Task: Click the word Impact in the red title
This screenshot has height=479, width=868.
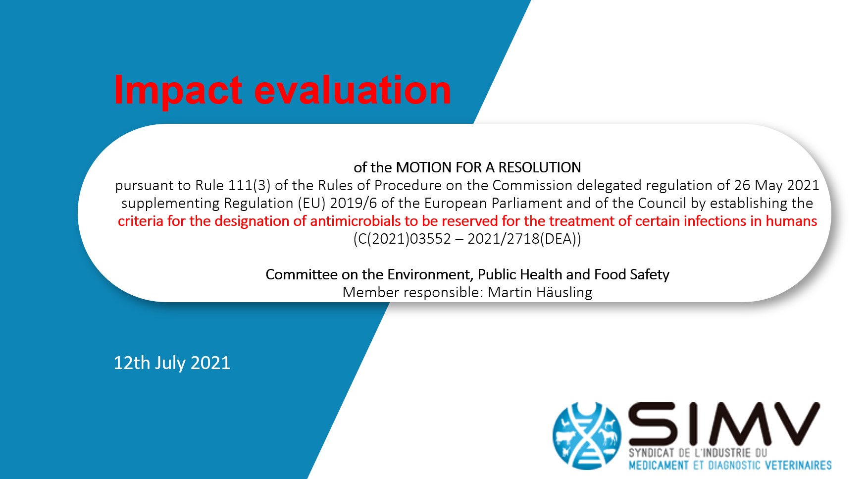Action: [x=178, y=91]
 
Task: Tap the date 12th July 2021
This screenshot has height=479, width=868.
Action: [x=172, y=363]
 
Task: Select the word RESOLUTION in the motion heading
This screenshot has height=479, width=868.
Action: [x=539, y=167]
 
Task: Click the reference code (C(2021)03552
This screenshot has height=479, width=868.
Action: [x=402, y=239]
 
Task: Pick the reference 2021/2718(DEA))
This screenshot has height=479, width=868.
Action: [x=524, y=239]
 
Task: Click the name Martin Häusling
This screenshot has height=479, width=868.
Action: [x=540, y=292]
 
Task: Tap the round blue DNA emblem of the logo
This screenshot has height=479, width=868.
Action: [x=587, y=436]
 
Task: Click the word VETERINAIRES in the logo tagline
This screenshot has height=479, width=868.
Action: [x=798, y=465]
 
